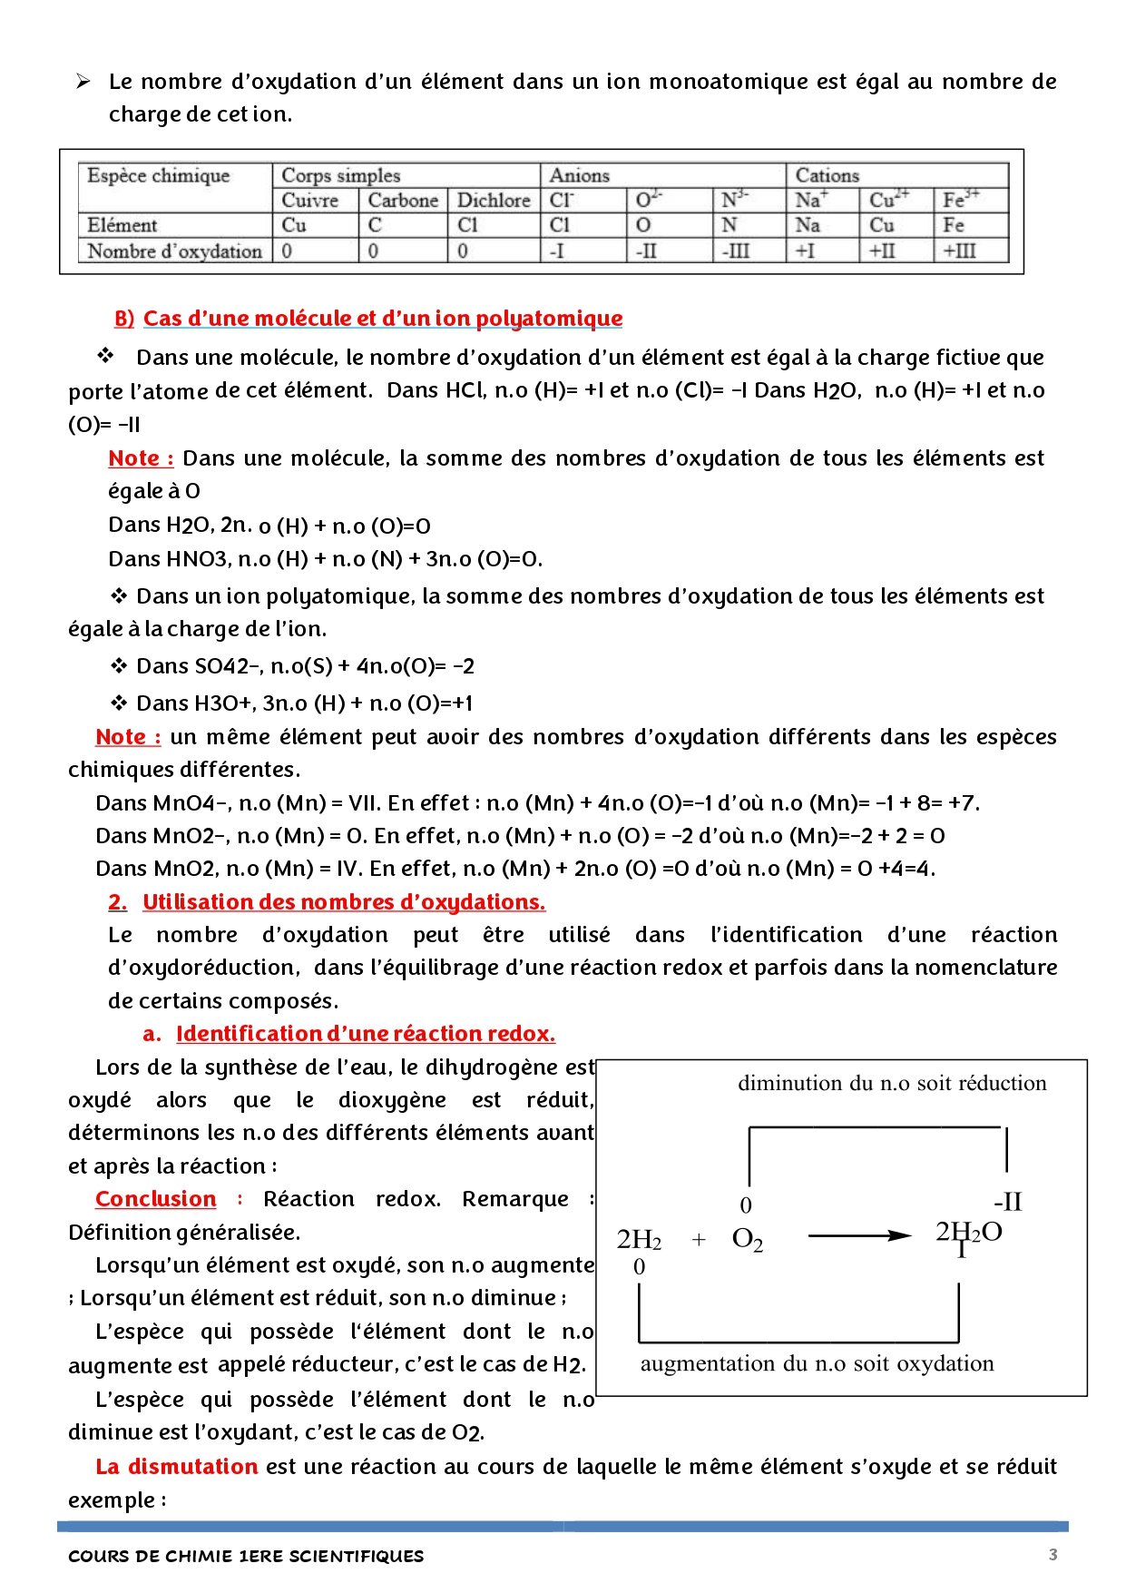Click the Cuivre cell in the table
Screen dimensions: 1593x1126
point(310,201)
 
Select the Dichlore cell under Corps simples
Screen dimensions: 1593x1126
point(493,201)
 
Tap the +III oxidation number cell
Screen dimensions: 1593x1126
point(959,251)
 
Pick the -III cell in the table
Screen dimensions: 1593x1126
point(735,251)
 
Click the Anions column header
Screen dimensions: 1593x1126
point(580,175)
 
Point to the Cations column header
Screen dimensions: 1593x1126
point(827,175)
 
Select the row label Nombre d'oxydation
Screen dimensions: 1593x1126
point(174,251)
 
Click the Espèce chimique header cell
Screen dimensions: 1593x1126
point(159,175)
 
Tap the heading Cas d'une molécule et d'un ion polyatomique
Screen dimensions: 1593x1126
point(382,319)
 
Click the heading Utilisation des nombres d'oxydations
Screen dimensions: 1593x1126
point(343,902)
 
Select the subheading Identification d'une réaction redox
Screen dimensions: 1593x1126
point(365,1034)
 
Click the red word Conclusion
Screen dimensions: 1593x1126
point(155,1199)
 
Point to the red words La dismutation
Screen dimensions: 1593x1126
point(177,1467)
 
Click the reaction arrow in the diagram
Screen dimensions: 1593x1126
point(858,1235)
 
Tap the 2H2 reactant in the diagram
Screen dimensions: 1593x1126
point(639,1239)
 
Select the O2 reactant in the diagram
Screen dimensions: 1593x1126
point(747,1239)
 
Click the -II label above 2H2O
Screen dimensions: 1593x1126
point(1007,1202)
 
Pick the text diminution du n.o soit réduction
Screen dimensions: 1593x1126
point(891,1083)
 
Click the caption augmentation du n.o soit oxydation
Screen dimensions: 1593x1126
point(817,1363)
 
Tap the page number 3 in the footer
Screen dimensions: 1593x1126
point(1053,1554)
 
